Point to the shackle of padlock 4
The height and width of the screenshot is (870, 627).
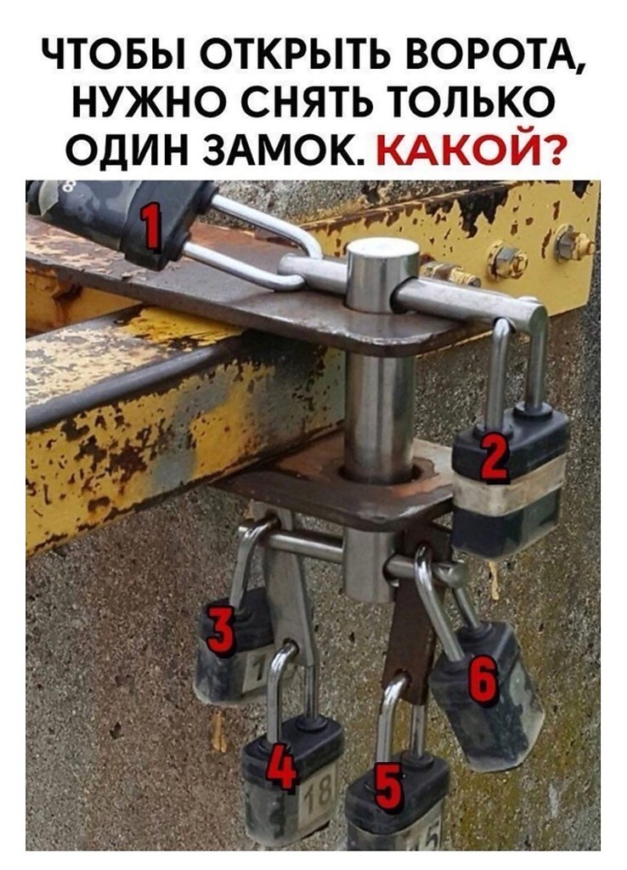pyautogui.click(x=278, y=680)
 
